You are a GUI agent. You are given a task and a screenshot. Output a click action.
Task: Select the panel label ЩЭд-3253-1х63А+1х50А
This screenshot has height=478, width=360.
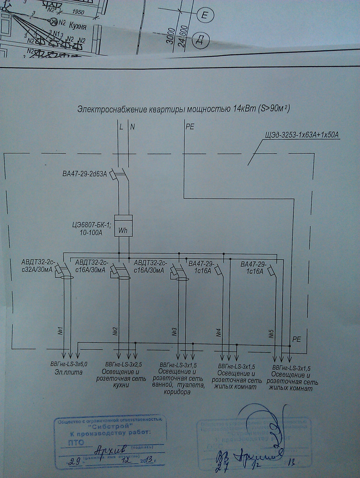[302, 135]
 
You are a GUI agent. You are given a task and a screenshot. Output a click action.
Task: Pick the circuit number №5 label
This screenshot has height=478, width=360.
[271, 334]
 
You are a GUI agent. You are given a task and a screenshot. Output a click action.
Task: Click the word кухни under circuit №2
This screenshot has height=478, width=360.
[121, 386]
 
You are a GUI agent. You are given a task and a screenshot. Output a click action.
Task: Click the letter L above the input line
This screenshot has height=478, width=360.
[121, 127]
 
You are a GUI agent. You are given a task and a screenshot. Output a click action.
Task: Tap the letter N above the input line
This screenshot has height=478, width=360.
[132, 127]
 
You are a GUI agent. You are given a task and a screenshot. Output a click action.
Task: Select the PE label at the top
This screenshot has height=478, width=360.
[189, 127]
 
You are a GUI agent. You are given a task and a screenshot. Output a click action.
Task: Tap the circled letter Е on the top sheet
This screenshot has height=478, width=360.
[205, 16]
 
